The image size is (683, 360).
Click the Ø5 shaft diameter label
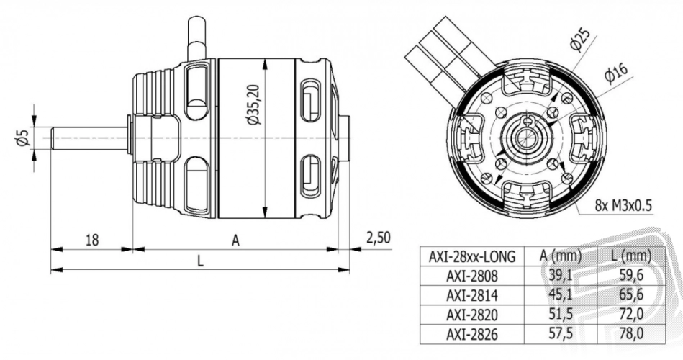(x=22, y=137)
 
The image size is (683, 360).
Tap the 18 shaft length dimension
(x=92, y=240)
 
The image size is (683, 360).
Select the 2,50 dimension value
(x=378, y=238)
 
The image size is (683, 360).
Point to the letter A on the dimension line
(x=235, y=240)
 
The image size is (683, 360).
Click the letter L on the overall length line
(x=200, y=261)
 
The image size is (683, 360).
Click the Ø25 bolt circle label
(x=579, y=40)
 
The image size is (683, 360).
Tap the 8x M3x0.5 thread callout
(x=624, y=205)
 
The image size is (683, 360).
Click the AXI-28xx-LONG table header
(x=471, y=256)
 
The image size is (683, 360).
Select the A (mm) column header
(x=561, y=256)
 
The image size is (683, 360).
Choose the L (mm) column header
(x=631, y=256)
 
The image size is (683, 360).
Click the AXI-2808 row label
(x=471, y=276)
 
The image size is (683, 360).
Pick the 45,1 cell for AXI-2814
(x=561, y=295)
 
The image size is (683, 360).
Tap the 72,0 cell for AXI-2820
(x=631, y=314)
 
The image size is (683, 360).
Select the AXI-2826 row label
(x=471, y=334)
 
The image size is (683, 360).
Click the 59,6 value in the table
(x=631, y=276)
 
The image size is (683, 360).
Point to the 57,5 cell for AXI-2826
(x=561, y=334)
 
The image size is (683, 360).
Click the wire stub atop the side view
(x=196, y=38)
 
